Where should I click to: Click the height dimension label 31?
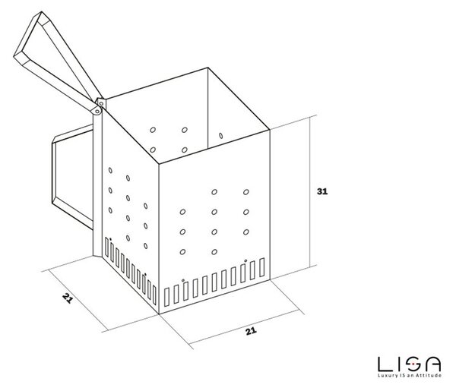(x=322, y=191)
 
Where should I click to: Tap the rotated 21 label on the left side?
(x=67, y=298)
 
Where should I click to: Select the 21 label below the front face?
(x=251, y=331)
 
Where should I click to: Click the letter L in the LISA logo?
(x=385, y=364)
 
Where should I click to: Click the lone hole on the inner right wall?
(x=220, y=136)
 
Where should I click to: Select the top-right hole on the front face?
(x=246, y=192)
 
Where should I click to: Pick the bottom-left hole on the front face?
(x=182, y=252)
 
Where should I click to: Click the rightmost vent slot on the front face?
(x=262, y=267)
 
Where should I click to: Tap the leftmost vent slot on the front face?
(x=167, y=297)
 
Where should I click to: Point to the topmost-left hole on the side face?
(x=110, y=170)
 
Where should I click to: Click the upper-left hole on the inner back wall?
(x=153, y=130)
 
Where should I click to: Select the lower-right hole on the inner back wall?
(x=185, y=150)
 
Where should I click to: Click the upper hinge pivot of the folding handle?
(x=101, y=103)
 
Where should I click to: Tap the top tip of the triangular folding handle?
(x=42, y=12)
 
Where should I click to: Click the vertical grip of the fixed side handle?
(x=54, y=172)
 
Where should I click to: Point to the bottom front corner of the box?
(x=159, y=314)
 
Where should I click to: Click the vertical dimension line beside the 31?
(x=310, y=191)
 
